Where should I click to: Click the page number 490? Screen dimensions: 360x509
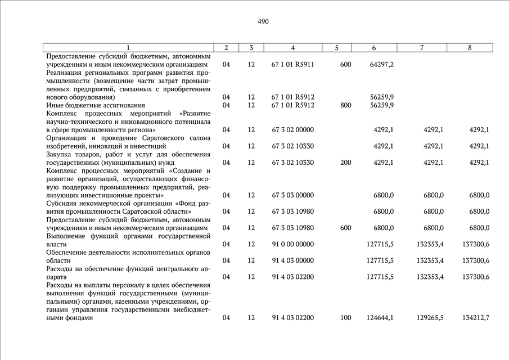(263, 22)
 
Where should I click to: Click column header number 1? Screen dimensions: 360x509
(128, 48)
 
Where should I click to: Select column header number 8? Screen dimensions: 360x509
(470, 48)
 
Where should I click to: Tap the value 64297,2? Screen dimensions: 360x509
(381, 65)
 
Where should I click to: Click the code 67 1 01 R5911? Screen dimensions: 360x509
(292, 65)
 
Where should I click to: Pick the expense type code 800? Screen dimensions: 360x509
(345, 105)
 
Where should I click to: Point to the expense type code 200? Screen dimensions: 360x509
(345, 163)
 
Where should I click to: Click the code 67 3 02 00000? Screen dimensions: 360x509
(292, 130)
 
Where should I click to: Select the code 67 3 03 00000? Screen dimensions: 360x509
(292, 195)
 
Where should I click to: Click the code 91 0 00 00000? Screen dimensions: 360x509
(292, 244)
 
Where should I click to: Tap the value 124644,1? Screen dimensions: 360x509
(380, 318)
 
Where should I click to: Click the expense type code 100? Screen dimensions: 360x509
(345, 318)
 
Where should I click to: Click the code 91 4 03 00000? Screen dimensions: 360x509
(292, 260)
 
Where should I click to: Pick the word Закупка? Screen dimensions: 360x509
(60, 154)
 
